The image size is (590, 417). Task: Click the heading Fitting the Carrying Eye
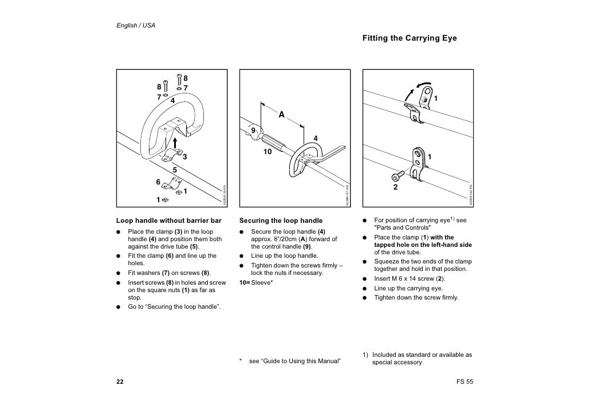[x=409, y=38]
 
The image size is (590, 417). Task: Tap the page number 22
[x=120, y=382]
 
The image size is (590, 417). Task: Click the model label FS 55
[x=465, y=382]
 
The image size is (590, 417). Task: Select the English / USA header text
[x=136, y=26]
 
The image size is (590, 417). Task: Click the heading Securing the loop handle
[x=273, y=221]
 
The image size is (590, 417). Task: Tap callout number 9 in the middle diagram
[x=253, y=132]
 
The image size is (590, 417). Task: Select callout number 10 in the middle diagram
[x=267, y=152]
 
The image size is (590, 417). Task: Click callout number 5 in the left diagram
[x=175, y=170]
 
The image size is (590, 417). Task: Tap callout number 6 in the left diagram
[x=158, y=182]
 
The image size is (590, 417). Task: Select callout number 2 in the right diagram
[x=395, y=187]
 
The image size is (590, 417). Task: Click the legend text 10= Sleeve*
[x=255, y=282]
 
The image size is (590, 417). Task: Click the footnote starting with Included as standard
[x=418, y=358]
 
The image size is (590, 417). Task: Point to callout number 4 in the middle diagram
[x=315, y=136]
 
